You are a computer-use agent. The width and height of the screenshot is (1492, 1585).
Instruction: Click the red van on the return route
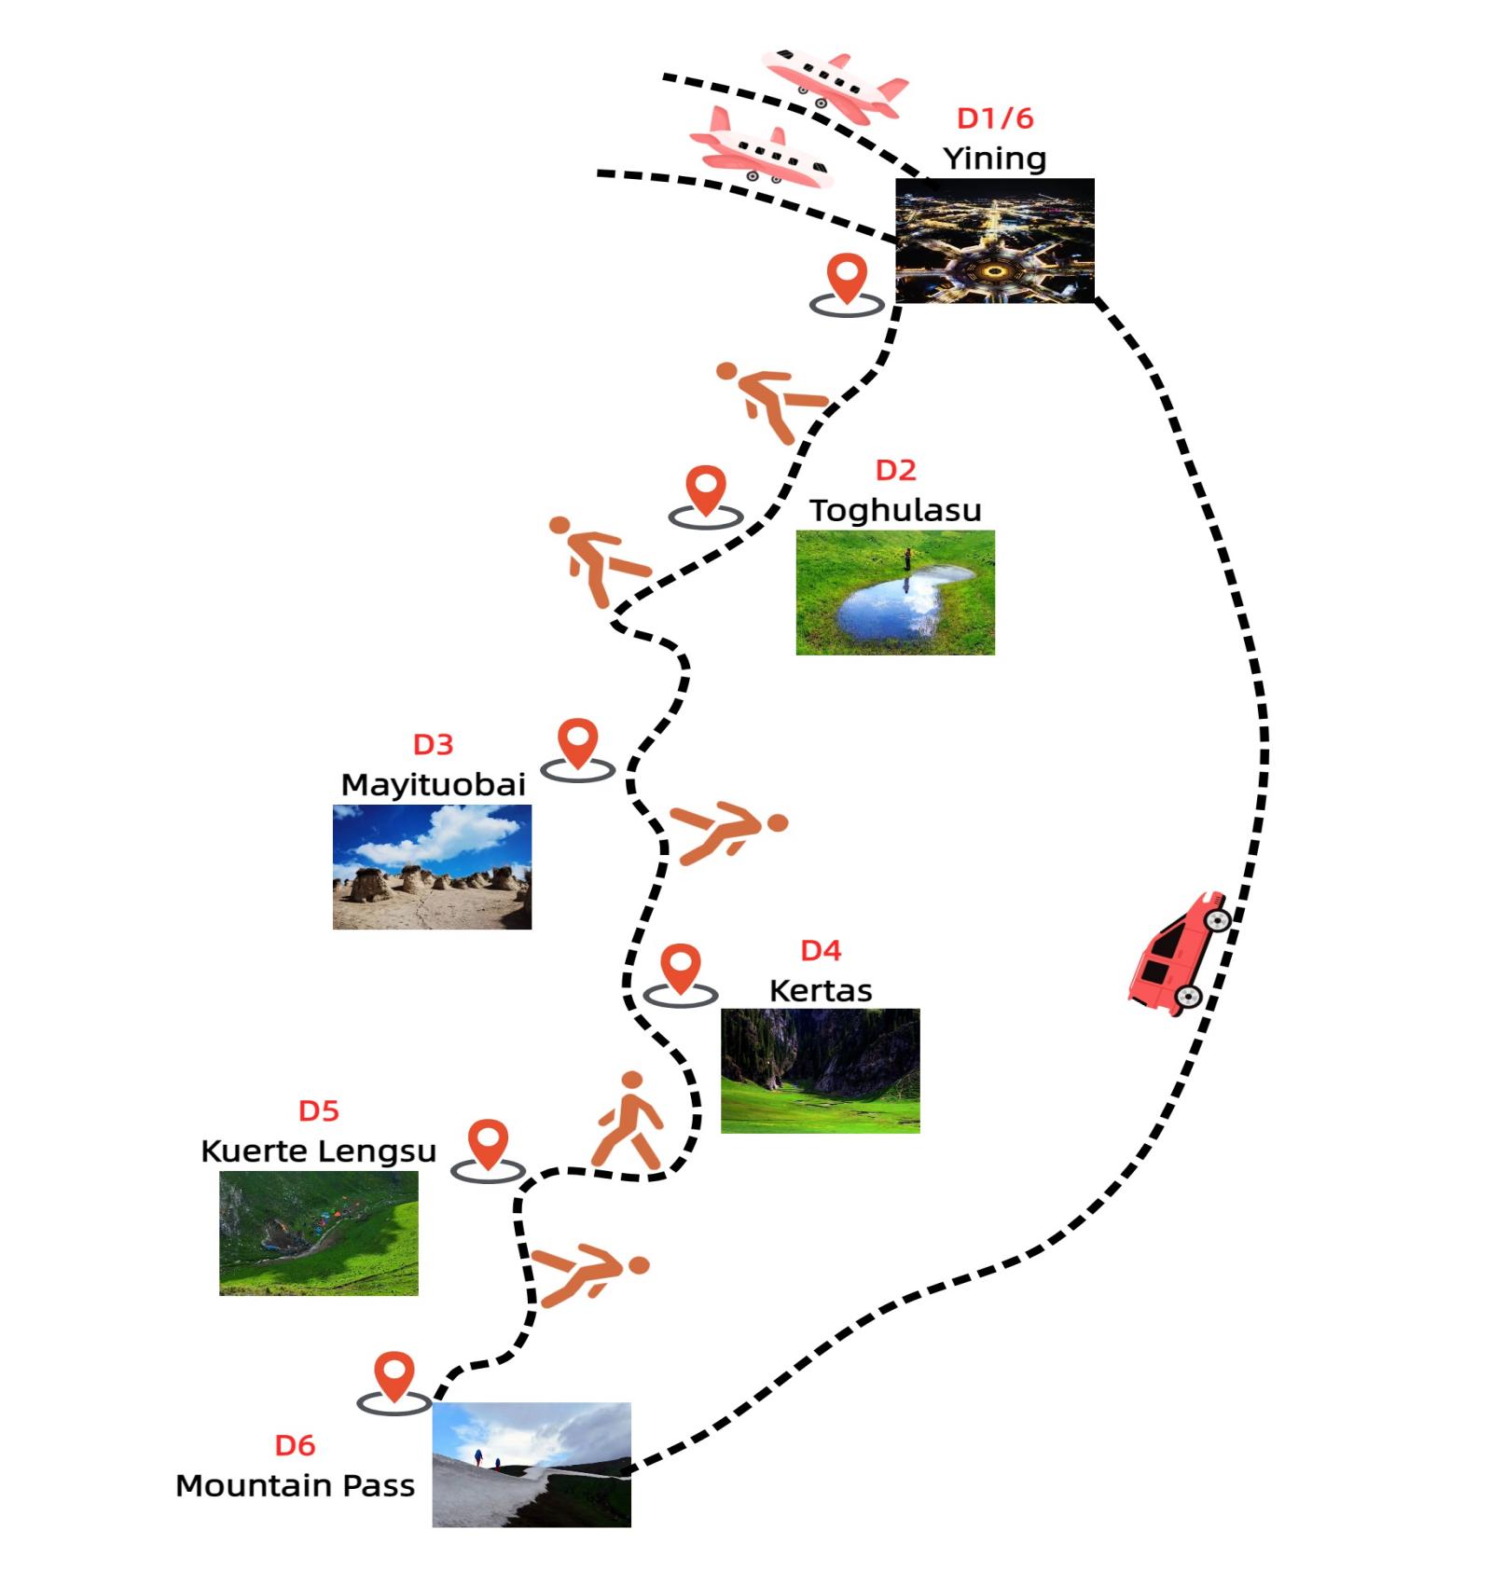pyautogui.click(x=1178, y=953)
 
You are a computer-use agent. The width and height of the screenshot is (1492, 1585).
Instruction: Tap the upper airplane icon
pyautogui.click(x=835, y=86)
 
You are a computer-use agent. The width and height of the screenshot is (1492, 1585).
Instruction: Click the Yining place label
pyautogui.click(x=994, y=158)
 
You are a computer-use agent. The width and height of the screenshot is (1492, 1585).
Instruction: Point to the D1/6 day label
pyautogui.click(x=995, y=118)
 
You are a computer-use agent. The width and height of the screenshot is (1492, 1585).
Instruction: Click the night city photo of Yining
pyautogui.click(x=994, y=241)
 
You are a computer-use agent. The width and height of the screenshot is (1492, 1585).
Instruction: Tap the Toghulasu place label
pyautogui.click(x=895, y=510)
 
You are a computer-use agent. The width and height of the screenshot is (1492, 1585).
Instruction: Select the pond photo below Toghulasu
pyautogui.click(x=895, y=592)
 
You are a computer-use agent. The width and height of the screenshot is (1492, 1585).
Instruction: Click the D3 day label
pyautogui.click(x=433, y=744)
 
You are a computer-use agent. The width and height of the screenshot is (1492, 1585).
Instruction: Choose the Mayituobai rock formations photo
pyautogui.click(x=432, y=866)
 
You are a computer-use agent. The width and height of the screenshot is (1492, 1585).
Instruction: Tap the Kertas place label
pyautogui.click(x=821, y=990)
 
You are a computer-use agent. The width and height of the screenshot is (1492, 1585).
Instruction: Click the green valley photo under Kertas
pyautogui.click(x=821, y=1070)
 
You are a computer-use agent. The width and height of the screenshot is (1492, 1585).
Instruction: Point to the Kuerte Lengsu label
pyautogui.click(x=318, y=1151)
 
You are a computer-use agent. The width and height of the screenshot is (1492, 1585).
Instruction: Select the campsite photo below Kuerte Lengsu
pyautogui.click(x=318, y=1233)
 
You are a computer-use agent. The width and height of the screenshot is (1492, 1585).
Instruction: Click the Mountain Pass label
pyautogui.click(x=295, y=1485)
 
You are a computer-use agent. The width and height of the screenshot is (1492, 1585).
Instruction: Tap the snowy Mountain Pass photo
pyautogui.click(x=532, y=1464)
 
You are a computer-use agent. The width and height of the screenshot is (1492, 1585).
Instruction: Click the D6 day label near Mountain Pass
pyautogui.click(x=295, y=1445)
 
